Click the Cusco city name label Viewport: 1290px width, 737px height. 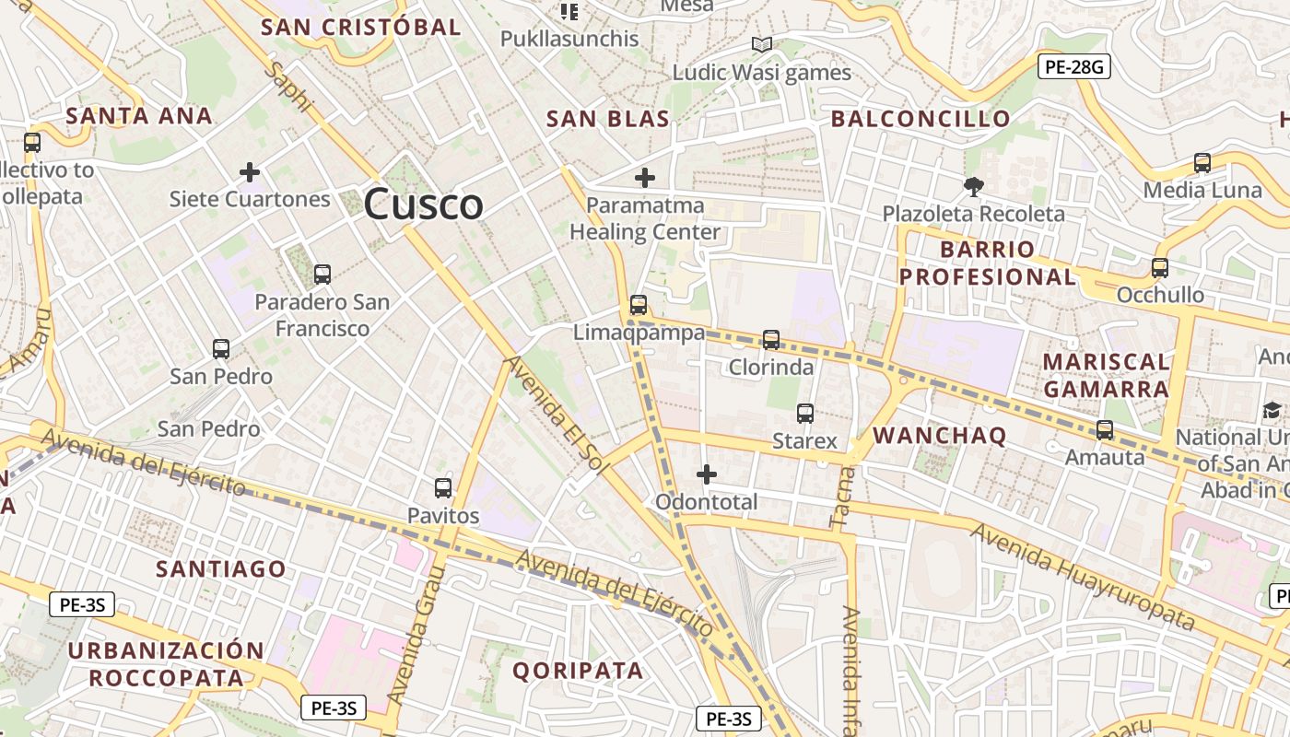(423, 204)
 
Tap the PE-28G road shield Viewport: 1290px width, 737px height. (1074, 65)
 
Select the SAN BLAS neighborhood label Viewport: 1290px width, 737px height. (607, 118)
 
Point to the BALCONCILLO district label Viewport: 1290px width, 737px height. (921, 118)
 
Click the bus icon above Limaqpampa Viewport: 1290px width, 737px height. (638, 305)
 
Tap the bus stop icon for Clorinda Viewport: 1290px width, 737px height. (771, 340)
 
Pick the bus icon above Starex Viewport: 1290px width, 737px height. (805, 414)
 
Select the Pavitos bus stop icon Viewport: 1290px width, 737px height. (443, 488)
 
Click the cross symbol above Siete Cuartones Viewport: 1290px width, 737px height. (249, 172)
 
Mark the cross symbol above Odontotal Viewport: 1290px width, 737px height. (707, 474)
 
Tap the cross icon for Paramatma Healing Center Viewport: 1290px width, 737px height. (645, 178)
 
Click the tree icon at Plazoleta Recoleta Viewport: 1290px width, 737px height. (973, 187)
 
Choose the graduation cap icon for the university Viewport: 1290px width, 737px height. (1272, 410)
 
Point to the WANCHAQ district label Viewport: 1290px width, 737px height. (939, 436)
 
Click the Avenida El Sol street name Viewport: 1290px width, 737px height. (557, 415)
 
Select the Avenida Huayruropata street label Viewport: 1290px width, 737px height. (1083, 576)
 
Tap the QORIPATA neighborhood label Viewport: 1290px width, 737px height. (578, 670)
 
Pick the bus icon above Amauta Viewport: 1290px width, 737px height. (1104, 429)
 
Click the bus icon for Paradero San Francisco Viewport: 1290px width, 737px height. (322, 275)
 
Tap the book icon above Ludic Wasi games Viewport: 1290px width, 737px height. (761, 44)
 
